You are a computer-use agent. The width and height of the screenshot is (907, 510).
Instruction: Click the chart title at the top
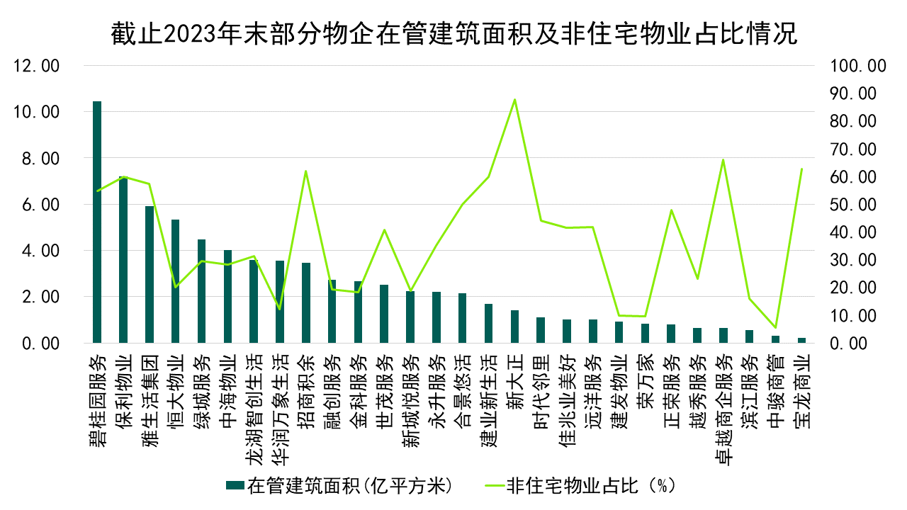(453, 33)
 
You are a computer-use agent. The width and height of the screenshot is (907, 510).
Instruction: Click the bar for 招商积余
(306, 302)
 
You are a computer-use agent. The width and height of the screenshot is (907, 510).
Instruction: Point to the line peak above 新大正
(514, 99)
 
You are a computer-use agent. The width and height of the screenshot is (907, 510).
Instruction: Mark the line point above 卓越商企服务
(723, 159)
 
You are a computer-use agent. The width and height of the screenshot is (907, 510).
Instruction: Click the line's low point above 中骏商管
(775, 327)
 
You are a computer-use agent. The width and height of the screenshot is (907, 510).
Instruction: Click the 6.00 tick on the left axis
(43, 205)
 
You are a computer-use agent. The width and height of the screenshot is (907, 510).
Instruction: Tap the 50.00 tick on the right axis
(854, 205)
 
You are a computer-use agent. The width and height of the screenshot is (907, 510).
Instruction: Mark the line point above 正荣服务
(671, 210)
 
